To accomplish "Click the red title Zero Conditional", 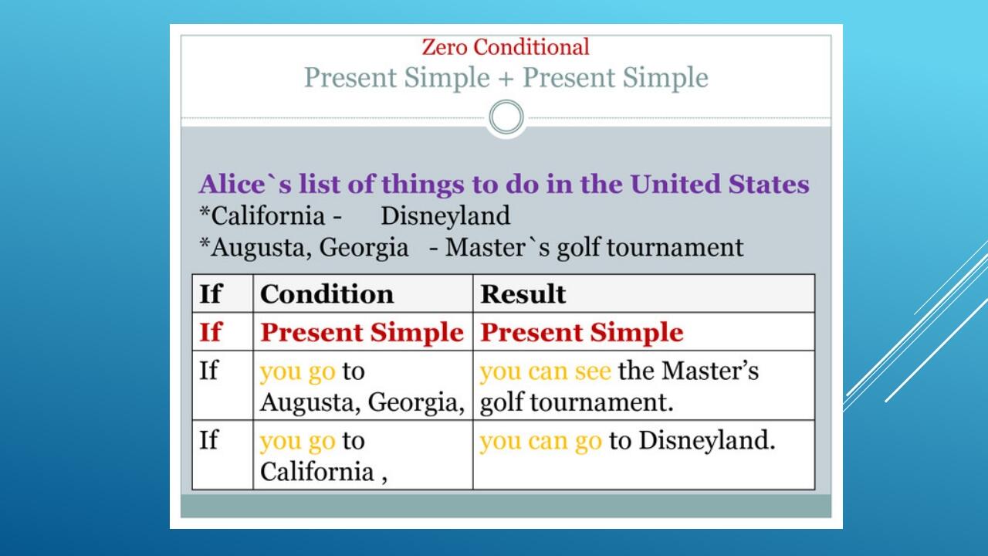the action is click(x=506, y=47).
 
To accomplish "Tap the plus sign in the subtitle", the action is click(x=506, y=79).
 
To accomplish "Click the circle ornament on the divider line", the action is click(x=506, y=117).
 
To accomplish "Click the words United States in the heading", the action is click(x=720, y=184).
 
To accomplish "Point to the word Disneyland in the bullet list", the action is click(x=445, y=216).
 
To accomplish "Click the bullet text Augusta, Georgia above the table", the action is click(x=310, y=247).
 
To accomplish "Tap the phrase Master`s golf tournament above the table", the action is click(x=594, y=247).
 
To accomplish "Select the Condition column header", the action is click(x=327, y=294).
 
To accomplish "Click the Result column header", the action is click(x=523, y=294).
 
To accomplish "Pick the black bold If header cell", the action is click(x=211, y=294).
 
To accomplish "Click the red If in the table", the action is click(x=211, y=332).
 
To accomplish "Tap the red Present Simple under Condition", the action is click(x=362, y=332).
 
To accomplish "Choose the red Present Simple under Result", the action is click(x=582, y=332).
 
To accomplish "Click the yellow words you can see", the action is click(x=546, y=371).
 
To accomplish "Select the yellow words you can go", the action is click(x=541, y=441).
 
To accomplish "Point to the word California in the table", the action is click(x=317, y=471).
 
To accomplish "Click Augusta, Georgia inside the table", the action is click(x=363, y=402).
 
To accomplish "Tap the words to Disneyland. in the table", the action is click(x=692, y=440).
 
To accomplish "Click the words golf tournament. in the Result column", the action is click(x=577, y=402).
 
